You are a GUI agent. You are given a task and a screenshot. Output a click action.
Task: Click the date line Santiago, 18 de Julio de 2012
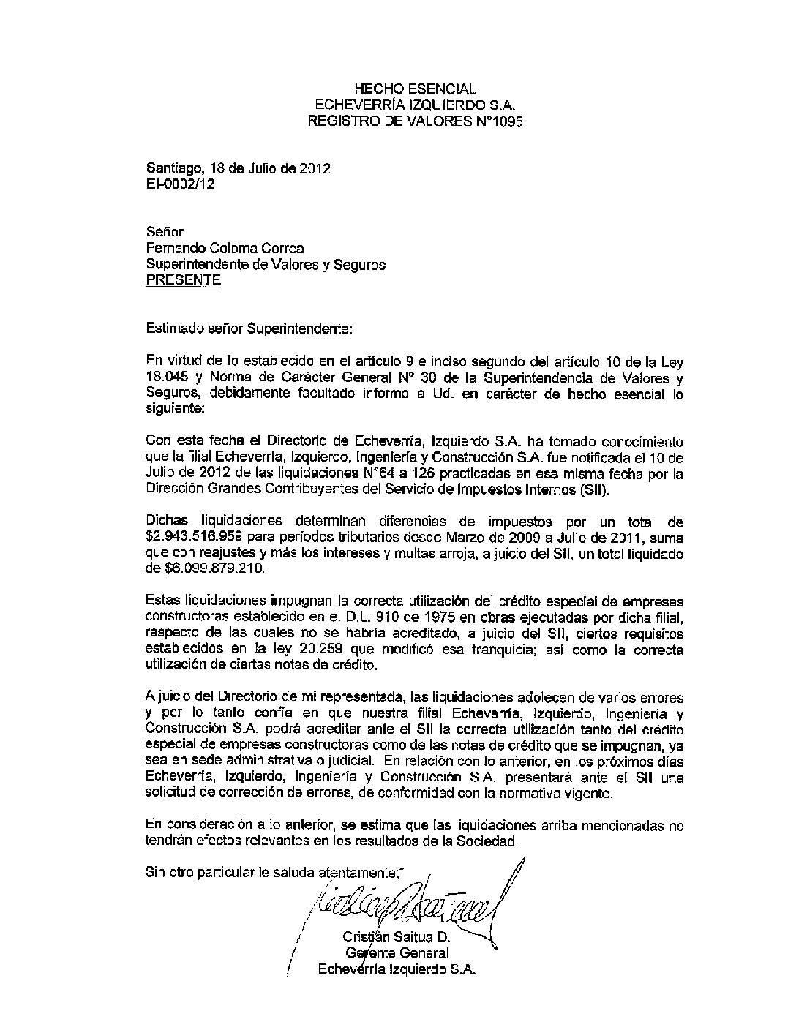coord(239,168)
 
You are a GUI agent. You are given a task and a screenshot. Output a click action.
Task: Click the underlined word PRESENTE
coord(183,280)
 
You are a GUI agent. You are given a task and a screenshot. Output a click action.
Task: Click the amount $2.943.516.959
coord(198,537)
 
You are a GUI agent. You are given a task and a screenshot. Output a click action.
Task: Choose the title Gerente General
coord(397,952)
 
